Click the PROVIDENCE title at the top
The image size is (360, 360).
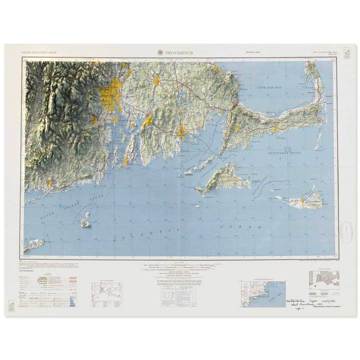pos(180,52)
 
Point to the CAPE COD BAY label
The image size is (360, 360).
pos(270,87)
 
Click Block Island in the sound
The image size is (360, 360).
pos(86,220)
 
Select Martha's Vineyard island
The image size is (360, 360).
pos(223,179)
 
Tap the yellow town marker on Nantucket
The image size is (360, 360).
pos(302,200)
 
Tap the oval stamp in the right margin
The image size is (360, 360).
pos(346,230)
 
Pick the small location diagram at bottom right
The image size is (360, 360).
pos(324,280)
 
